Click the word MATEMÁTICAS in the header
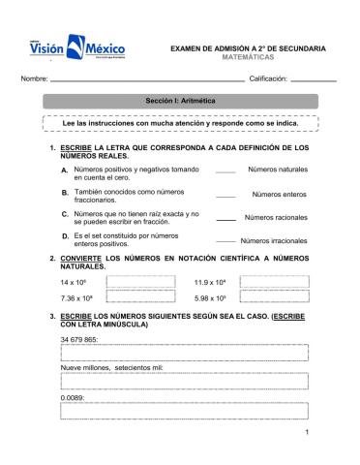[x=249, y=57]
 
